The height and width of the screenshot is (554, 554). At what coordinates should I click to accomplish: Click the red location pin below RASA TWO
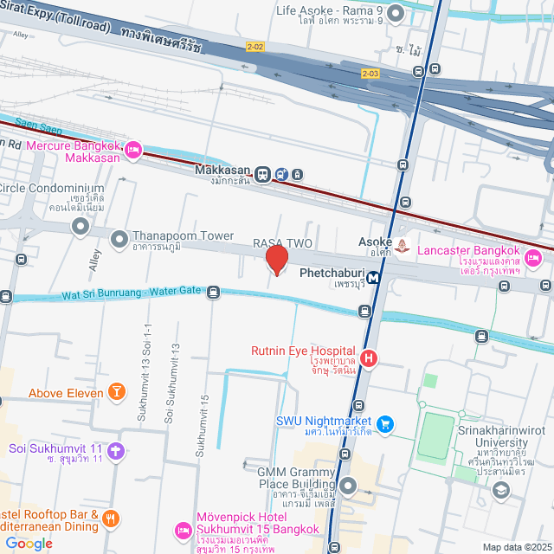tap(276, 260)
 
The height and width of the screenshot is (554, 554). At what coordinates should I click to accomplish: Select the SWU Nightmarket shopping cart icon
tap(386, 423)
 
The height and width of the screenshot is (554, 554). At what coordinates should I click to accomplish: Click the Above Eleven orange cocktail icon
tap(116, 393)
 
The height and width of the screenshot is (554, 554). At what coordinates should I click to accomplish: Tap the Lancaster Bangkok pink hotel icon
tap(533, 257)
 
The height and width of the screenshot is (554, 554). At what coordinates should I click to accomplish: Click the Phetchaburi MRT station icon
tap(374, 278)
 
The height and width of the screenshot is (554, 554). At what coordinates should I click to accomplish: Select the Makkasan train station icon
tap(262, 174)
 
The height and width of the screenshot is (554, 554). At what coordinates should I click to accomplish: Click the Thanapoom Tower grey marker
tap(119, 236)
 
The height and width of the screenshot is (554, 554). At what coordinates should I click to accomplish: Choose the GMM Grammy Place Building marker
tap(348, 485)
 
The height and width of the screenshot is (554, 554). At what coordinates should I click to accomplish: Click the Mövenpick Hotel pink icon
tap(183, 529)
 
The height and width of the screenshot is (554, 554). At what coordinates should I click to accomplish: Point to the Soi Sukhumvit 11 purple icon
tap(117, 450)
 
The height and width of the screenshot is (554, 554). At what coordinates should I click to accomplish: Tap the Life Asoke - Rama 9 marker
tap(396, 12)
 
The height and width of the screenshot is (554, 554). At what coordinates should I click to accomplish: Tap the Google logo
tap(29, 543)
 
